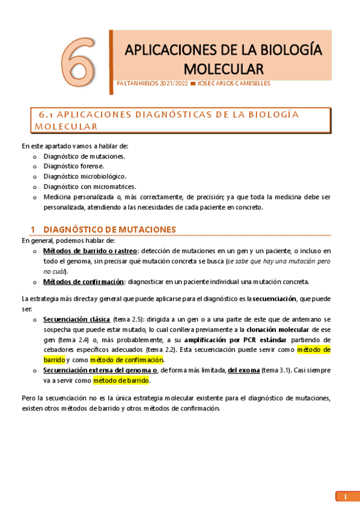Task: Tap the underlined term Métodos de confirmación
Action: tap(84, 281)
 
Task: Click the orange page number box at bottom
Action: tap(345, 497)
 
